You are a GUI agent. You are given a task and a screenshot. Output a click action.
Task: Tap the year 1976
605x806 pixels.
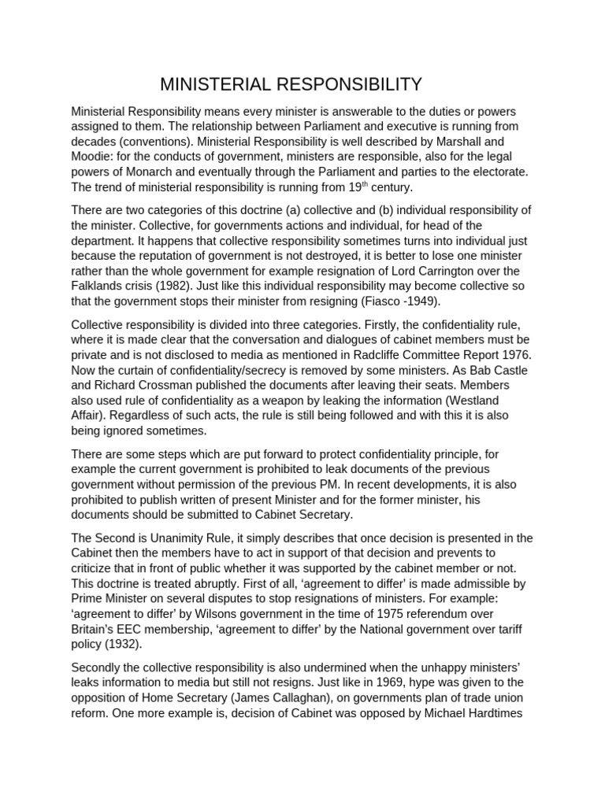click(x=516, y=354)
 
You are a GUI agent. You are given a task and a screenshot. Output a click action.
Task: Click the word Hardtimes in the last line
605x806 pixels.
click(x=504, y=712)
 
